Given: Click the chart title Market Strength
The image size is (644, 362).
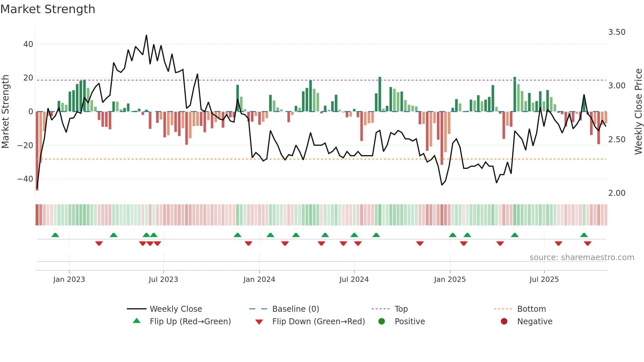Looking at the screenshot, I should click(48, 9).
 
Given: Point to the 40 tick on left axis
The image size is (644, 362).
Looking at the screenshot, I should click(28, 44).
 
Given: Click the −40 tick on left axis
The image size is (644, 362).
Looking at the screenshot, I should click(25, 179).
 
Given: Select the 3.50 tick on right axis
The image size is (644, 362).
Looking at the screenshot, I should click(617, 32).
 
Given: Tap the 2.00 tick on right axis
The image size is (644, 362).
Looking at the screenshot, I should click(617, 193).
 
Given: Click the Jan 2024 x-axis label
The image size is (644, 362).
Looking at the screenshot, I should click(259, 280).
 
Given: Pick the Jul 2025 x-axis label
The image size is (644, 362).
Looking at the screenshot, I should click(544, 280).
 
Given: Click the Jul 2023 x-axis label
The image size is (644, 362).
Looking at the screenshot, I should click(163, 280).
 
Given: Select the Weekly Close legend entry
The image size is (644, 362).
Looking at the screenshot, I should click(176, 309).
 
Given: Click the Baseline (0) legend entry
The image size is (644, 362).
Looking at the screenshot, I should click(296, 309).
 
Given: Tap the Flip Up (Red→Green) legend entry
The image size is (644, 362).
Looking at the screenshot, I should click(190, 322).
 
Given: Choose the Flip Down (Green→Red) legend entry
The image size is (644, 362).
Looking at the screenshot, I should click(318, 322).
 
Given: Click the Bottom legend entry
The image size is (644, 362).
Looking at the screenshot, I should click(531, 309).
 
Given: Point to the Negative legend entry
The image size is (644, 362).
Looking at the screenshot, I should click(535, 322).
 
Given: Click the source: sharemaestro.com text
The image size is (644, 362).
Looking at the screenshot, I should click(582, 258).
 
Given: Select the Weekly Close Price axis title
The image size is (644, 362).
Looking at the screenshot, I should click(638, 112).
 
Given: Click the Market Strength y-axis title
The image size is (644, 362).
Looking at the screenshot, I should click(6, 112).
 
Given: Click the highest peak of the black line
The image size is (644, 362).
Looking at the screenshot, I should click(146, 35).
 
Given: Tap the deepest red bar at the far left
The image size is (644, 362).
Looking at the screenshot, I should click(37, 151).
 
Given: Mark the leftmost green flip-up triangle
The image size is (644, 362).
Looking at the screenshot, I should click(55, 235).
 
